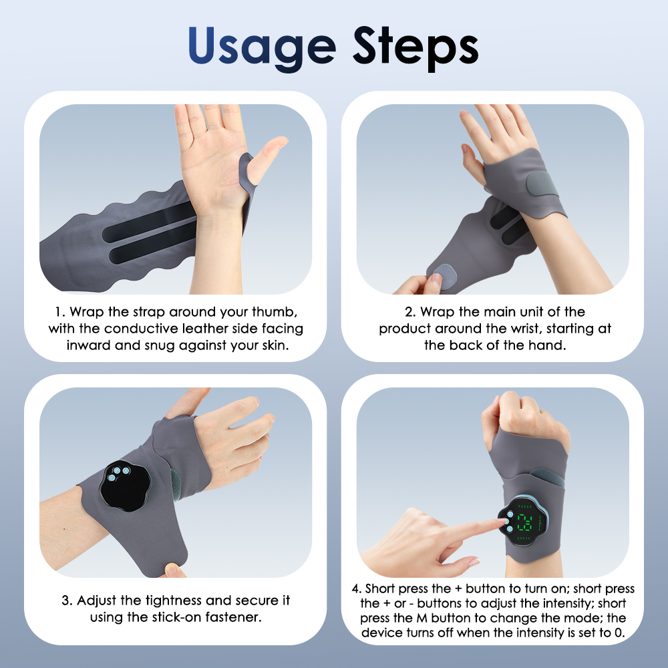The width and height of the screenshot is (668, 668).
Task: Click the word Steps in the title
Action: (x=415, y=47)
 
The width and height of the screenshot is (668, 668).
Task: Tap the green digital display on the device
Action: (x=524, y=523)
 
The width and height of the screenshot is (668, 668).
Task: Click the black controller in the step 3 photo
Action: (x=125, y=486)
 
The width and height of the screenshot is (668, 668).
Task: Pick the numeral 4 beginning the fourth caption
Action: (x=355, y=589)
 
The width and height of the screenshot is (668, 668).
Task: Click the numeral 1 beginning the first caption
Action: (x=58, y=312)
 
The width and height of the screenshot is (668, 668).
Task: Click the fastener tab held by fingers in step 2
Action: (x=445, y=276)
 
